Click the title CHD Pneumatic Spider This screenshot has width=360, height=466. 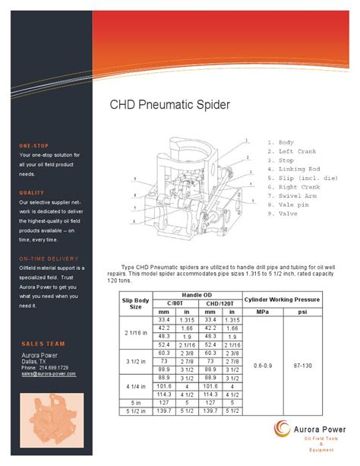pos(170,105)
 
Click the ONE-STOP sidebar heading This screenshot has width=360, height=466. pos(35,145)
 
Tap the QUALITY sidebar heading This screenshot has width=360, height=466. pos(33,193)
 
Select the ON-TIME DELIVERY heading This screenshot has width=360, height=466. pos(51,259)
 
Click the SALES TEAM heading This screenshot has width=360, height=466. pos(43,344)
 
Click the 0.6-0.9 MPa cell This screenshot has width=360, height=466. pos(263,365)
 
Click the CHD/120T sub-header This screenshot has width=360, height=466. pos(219,303)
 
